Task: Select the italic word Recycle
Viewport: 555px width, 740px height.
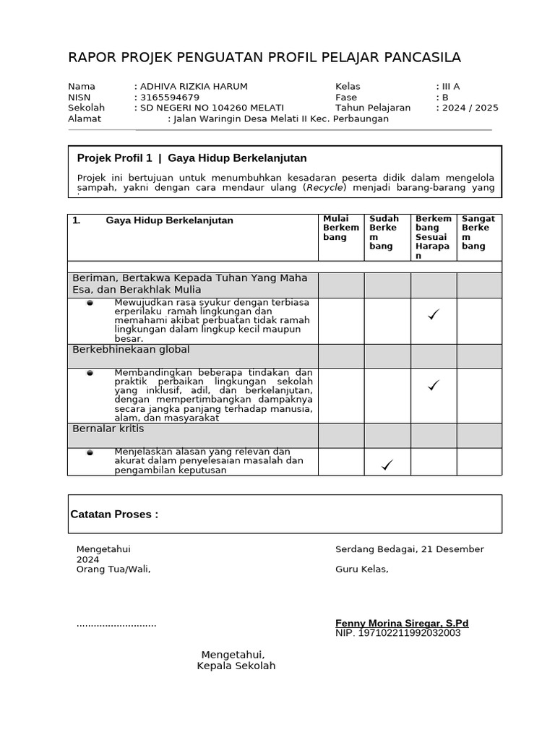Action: [x=324, y=188]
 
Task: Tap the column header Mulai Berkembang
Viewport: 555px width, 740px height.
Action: [x=340, y=228]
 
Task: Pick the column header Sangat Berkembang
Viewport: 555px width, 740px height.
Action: [x=478, y=232]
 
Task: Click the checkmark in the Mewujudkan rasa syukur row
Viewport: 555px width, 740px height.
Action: [x=434, y=314]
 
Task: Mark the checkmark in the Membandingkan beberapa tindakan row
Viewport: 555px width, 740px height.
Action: [x=434, y=386]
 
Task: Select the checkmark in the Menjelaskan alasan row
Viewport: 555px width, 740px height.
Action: [x=387, y=465]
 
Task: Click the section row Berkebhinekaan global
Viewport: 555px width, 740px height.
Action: [x=132, y=350]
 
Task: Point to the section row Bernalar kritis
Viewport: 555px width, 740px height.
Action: [x=108, y=429]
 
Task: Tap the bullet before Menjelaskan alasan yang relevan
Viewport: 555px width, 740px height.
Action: [x=90, y=453]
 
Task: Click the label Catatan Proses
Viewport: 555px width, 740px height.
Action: [x=114, y=515]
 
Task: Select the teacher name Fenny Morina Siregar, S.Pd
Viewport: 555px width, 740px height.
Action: [x=402, y=623]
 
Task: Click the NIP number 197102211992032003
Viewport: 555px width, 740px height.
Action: [x=397, y=633]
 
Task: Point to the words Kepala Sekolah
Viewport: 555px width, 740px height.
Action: [x=236, y=666]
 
